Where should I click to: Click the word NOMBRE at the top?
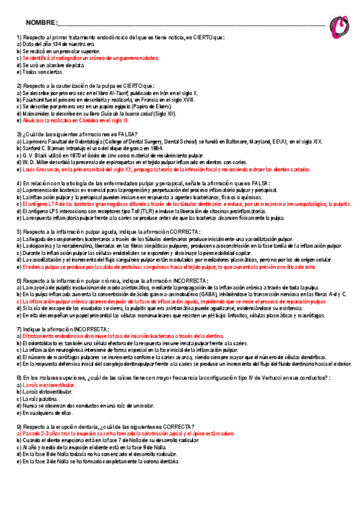[40, 23]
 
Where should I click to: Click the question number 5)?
[19, 232]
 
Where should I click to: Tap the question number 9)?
[19, 426]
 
